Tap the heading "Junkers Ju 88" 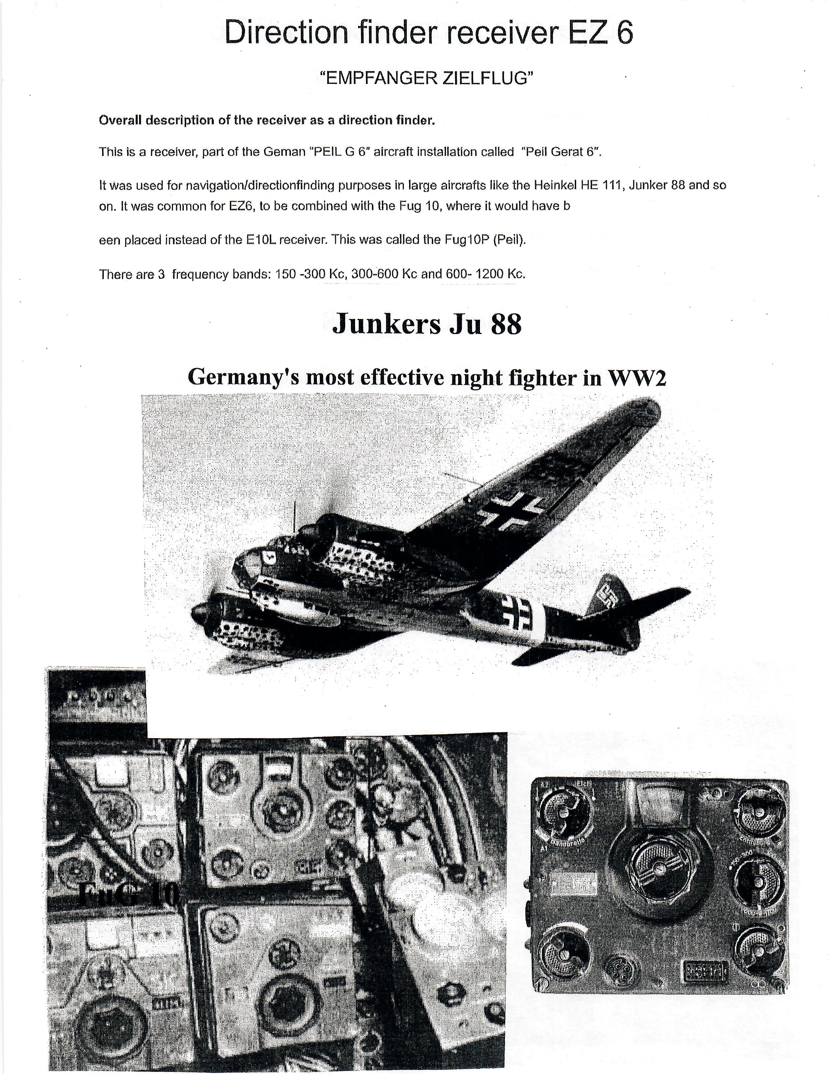click(427, 324)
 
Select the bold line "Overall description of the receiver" click(267, 121)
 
